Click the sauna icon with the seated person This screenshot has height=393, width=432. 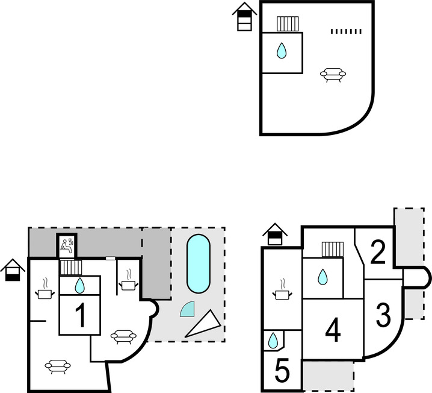[x=67, y=246]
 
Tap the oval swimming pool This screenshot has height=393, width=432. [x=199, y=264]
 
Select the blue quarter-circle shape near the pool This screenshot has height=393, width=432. [x=187, y=309]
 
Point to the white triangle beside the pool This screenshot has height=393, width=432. [x=203, y=324]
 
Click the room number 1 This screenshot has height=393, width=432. [x=81, y=315]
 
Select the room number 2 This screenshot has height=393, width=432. [x=378, y=252]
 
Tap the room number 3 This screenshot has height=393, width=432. [x=383, y=315]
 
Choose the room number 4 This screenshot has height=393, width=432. [x=333, y=330]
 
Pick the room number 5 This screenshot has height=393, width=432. [x=282, y=370]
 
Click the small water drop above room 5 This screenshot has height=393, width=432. [x=273, y=341]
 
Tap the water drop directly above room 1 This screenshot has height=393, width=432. [x=79, y=285]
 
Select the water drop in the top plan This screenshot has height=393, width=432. [x=282, y=50]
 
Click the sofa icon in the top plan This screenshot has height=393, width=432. [x=333, y=75]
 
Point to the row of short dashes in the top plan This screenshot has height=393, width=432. [x=346, y=31]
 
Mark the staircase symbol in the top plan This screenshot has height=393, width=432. [x=288, y=24]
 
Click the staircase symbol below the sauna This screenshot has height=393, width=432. [x=71, y=268]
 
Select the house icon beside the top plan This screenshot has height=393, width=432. [x=244, y=16]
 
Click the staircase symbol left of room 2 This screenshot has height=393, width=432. [x=333, y=249]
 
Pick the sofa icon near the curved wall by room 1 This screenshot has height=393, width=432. [x=123, y=337]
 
